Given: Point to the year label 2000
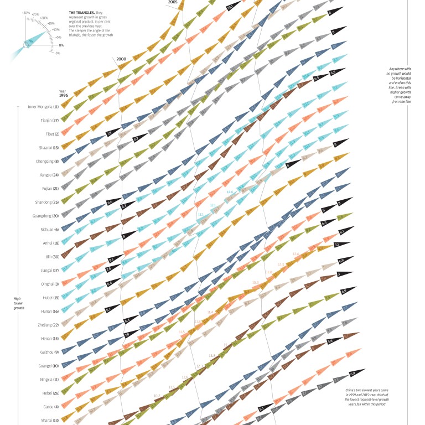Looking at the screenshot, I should point(121,59).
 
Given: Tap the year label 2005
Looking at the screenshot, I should point(172,2).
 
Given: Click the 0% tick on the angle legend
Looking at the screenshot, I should point(61,45).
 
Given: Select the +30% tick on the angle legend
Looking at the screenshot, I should point(25,12).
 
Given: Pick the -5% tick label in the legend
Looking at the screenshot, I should point(57,53).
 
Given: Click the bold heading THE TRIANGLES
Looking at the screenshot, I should point(81,12).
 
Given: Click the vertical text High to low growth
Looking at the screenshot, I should point(18,303).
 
